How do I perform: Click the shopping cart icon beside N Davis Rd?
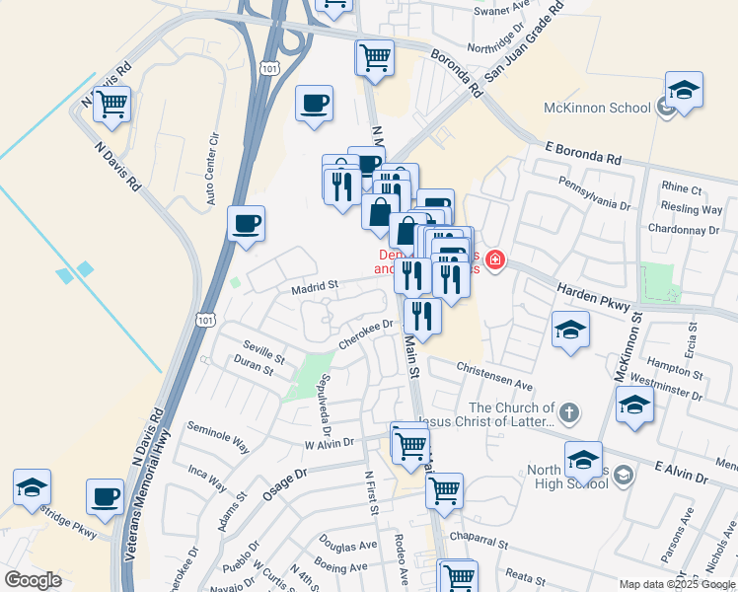(x=112, y=104)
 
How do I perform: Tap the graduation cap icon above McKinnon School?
(x=683, y=91)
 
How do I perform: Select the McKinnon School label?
(x=596, y=108)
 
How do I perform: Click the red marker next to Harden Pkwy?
(x=494, y=260)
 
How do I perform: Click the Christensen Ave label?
(x=494, y=375)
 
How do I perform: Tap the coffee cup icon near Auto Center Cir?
(x=246, y=224)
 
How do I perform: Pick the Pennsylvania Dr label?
(x=594, y=192)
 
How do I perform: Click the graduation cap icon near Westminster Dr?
(x=634, y=405)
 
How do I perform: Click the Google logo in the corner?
(x=34, y=580)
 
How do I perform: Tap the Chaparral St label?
(x=474, y=543)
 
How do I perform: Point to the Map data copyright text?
(x=677, y=584)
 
